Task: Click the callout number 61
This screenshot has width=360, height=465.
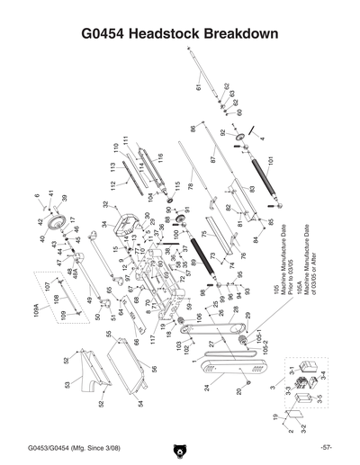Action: [196, 86]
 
